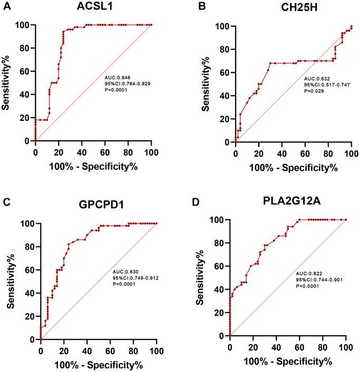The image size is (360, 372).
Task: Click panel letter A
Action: [x=6, y=6]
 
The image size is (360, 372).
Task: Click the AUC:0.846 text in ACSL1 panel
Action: [x=120, y=78]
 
